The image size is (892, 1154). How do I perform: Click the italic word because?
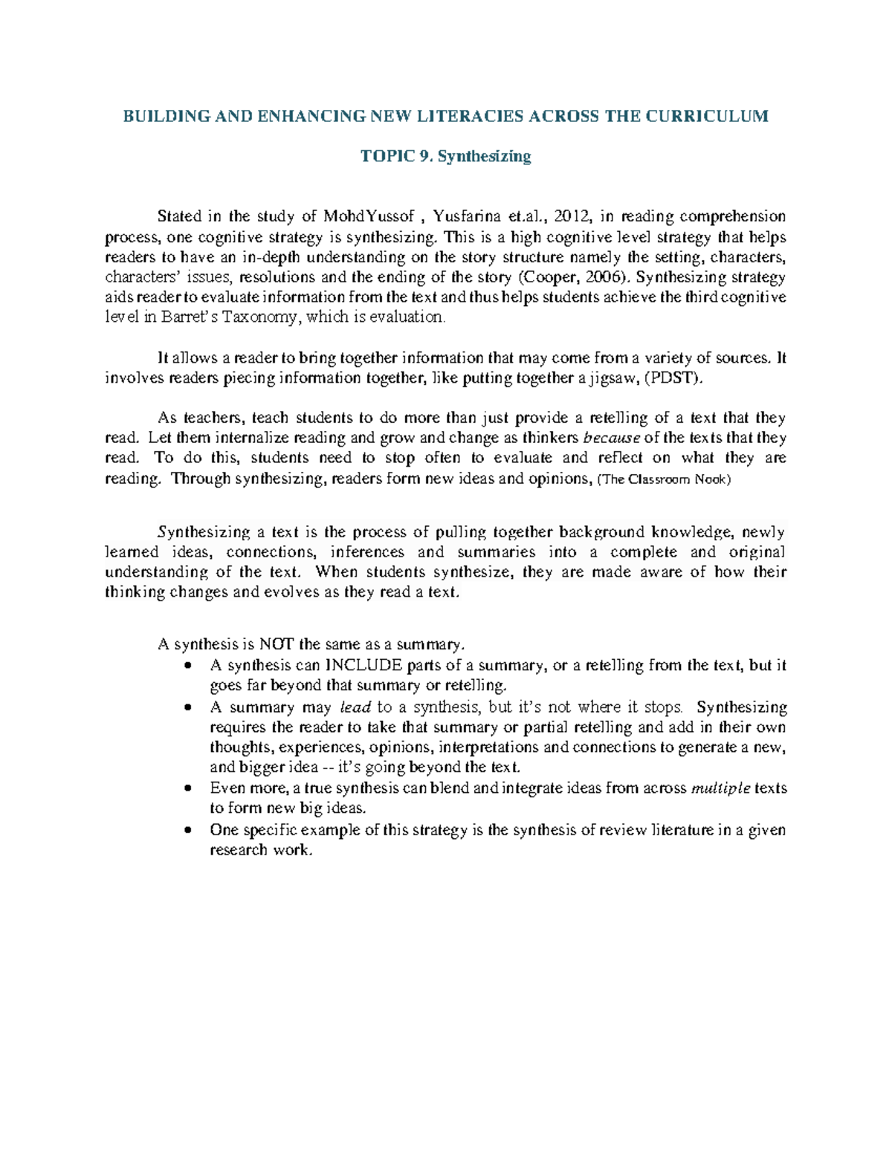click(613, 438)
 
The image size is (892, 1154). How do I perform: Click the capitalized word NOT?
click(275, 644)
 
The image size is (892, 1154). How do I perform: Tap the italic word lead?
click(355, 707)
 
